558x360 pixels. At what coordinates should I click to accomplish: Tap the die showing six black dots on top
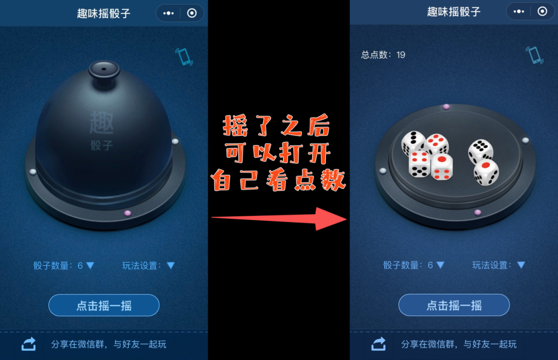pyautogui.click(x=481, y=151)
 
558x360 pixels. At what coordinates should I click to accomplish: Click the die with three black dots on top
pyautogui.click(x=413, y=142)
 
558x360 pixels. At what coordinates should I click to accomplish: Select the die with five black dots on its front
pyautogui.click(x=420, y=164)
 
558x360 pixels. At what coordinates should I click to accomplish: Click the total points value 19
pyautogui.click(x=401, y=55)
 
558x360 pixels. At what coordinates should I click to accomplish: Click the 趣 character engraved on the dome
pyautogui.click(x=102, y=122)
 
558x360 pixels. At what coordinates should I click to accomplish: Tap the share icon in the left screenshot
pyautogui.click(x=29, y=343)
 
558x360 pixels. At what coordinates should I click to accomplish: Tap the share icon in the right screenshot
pyautogui.click(x=379, y=343)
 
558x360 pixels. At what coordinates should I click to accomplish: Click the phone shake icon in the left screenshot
pyautogui.click(x=184, y=57)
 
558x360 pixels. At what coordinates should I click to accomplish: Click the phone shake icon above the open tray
pyautogui.click(x=535, y=55)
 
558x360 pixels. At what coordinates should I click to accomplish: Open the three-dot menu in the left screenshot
pyautogui.click(x=168, y=13)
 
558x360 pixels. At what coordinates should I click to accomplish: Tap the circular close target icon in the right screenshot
pyautogui.click(x=542, y=11)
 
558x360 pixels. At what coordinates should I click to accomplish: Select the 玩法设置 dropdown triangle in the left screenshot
pyautogui.click(x=171, y=265)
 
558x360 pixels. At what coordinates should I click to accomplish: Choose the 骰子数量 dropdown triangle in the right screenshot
pyautogui.click(x=441, y=265)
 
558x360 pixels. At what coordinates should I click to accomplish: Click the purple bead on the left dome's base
pyautogui.click(x=128, y=213)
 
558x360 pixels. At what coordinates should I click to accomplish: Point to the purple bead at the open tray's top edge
pyautogui.click(x=446, y=107)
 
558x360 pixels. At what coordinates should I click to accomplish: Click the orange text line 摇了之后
pyautogui.click(x=276, y=126)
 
